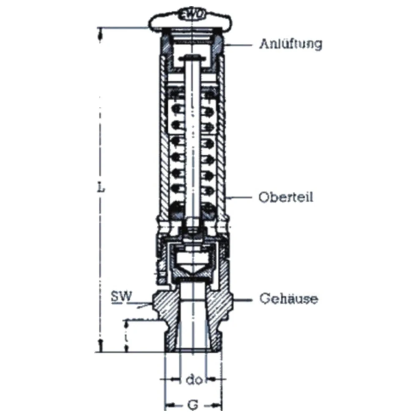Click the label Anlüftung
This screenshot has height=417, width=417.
tap(291, 44)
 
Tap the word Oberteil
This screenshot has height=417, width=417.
tap(286, 197)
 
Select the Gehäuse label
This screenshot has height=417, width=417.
tap(289, 299)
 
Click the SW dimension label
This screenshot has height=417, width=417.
tap(121, 296)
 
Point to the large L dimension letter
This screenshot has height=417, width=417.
tap(101, 188)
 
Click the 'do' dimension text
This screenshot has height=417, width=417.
tap(194, 380)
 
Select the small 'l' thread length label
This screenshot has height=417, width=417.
tap(127, 337)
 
